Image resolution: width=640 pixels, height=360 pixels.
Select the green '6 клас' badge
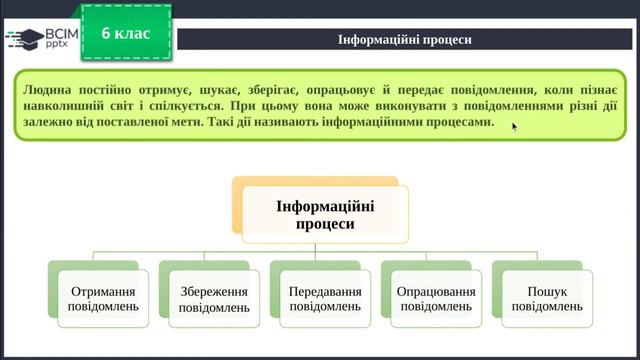tap(126, 34)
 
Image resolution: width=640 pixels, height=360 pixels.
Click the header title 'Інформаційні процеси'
tap(405, 40)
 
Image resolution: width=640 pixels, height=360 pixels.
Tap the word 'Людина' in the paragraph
tap(47, 88)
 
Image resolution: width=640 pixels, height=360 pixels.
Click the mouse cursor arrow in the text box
tap(515, 126)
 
